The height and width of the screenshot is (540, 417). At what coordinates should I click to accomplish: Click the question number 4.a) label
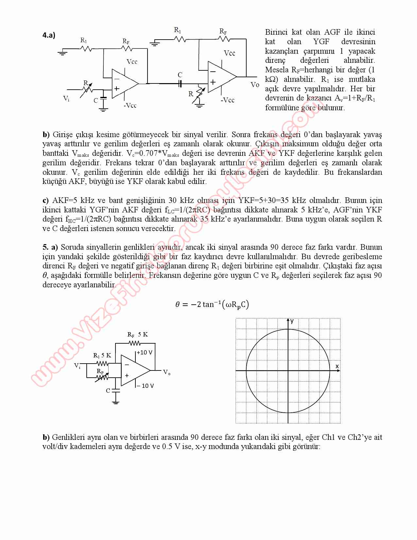49,35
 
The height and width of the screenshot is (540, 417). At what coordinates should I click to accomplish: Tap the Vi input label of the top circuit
66,98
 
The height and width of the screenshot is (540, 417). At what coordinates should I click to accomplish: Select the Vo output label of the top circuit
255,85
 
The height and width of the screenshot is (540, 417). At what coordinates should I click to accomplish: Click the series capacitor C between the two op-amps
180,84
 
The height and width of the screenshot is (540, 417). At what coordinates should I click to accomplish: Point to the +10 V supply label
144,352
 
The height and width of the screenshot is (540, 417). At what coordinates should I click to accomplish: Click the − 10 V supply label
145,386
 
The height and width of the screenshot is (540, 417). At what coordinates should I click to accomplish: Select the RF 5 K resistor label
137,334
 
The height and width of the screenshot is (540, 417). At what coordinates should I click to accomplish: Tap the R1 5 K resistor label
102,355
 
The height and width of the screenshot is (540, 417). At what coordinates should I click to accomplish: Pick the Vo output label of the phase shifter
167,372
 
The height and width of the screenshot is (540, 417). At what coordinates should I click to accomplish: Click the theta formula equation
212,305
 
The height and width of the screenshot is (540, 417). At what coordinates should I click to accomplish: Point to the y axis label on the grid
292,321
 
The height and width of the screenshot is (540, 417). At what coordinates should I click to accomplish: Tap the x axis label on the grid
337,366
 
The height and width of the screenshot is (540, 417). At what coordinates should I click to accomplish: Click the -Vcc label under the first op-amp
130,105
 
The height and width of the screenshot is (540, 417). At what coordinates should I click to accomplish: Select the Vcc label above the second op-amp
229,53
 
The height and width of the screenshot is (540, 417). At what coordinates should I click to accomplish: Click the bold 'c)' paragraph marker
46,200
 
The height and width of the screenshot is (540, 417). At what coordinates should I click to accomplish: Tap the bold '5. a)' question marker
50,247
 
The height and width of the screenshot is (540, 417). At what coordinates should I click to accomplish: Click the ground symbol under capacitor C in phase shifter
115,402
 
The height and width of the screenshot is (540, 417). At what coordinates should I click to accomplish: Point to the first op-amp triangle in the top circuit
124,83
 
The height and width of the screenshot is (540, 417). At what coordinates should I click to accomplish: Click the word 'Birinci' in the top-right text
276,32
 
